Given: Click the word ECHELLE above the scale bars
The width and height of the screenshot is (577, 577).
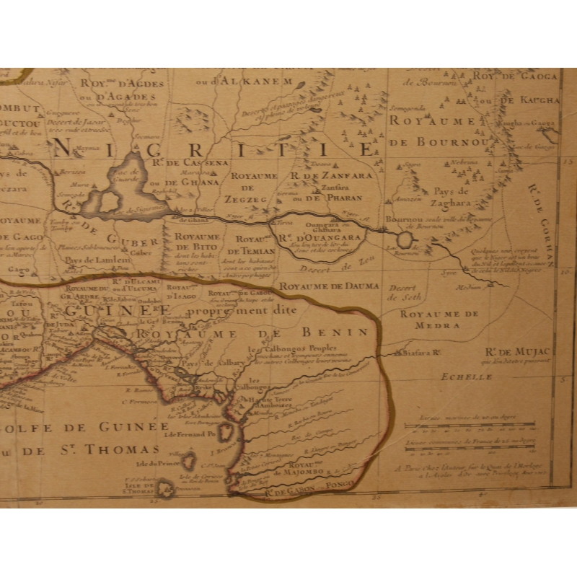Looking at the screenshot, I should click(459, 376).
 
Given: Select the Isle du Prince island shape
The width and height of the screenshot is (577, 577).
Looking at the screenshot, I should click(190, 460).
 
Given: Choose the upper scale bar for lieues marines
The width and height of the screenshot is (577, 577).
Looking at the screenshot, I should click(469, 424).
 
